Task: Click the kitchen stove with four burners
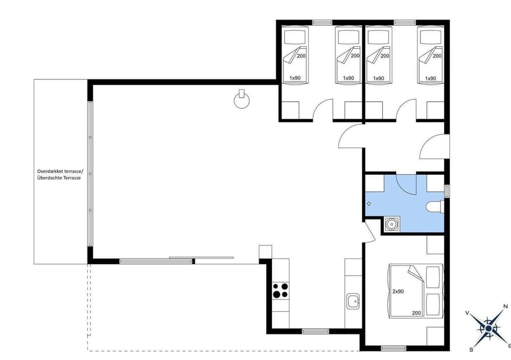pyautogui.click(x=281, y=291)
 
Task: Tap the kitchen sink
pyautogui.click(x=352, y=302)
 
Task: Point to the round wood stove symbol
pyautogui.click(x=242, y=100)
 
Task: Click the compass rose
pyautogui.click(x=488, y=328)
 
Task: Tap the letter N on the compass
pyautogui.click(x=505, y=307)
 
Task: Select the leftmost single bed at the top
pyautogui.click(x=295, y=56)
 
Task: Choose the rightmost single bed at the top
pyautogui.click(x=431, y=56)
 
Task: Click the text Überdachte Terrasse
pyautogui.click(x=59, y=178)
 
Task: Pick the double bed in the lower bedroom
pyautogui.click(x=416, y=291)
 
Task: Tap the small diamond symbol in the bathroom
pyautogui.click(x=369, y=203)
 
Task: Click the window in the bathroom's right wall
pyautogui.click(x=447, y=190)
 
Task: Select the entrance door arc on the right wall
pyautogui.click(x=432, y=148)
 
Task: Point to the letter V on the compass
pyautogui.click(x=467, y=313)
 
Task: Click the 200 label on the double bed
pyautogui.click(x=416, y=313)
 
